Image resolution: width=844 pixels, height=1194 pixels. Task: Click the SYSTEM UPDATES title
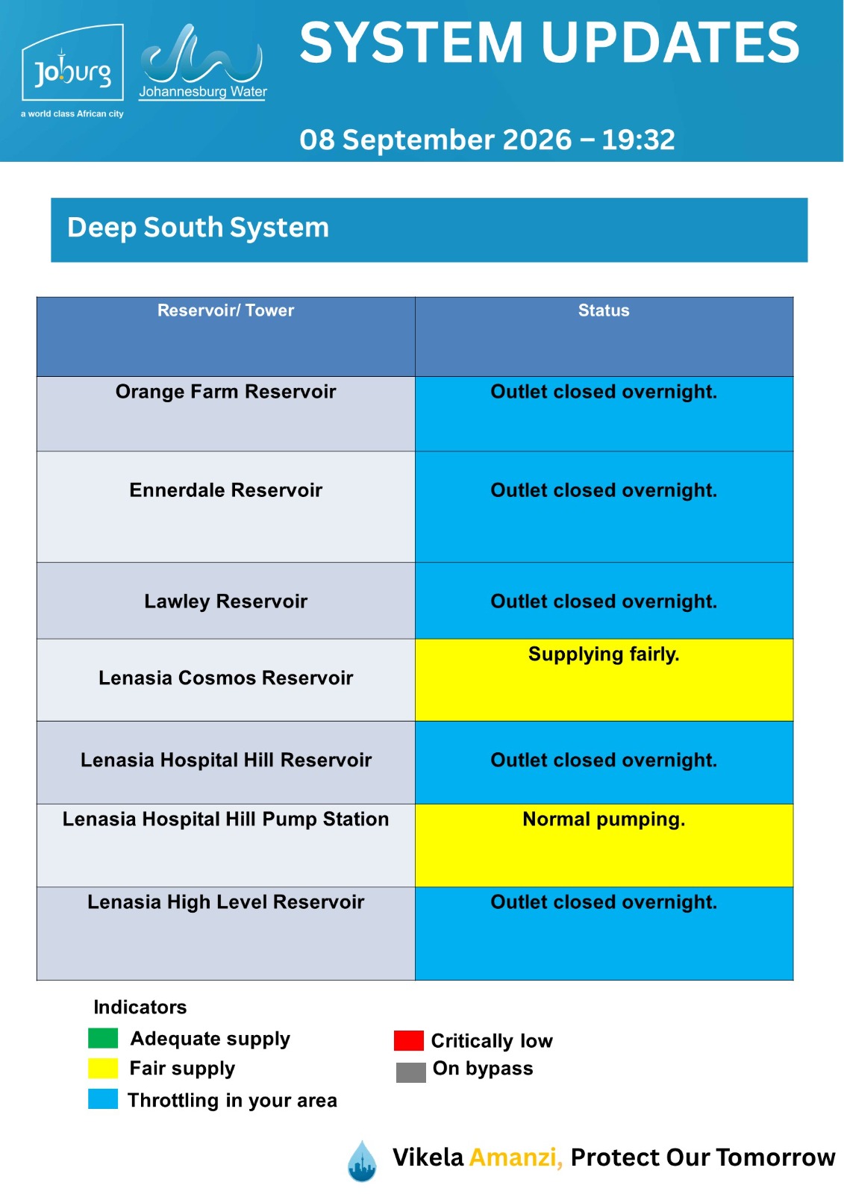click(549, 43)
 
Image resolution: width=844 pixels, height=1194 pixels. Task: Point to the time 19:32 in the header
click(638, 140)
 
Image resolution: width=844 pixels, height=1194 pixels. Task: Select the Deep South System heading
click(198, 228)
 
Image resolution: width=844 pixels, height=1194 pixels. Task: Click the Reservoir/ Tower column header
click(225, 310)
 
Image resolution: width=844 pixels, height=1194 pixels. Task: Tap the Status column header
click(604, 310)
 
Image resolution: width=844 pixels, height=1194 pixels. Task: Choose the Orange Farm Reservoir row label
click(225, 392)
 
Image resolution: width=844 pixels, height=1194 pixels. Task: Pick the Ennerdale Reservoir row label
click(225, 490)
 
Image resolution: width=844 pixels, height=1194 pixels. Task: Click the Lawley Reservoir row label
click(225, 601)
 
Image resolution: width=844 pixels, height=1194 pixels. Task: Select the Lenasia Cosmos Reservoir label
click(225, 678)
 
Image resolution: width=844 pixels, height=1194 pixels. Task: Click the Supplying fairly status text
click(604, 654)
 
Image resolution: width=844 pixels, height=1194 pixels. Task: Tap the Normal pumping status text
click(604, 819)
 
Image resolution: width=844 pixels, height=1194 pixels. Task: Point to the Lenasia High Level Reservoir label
click(225, 902)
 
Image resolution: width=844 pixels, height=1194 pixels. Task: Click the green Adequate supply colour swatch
click(103, 1038)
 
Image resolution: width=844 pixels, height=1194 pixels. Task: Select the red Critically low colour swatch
click(408, 1040)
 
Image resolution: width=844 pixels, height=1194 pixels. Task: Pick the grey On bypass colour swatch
click(410, 1072)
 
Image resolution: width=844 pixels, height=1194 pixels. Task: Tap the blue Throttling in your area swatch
click(103, 1099)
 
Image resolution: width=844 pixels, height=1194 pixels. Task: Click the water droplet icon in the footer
click(362, 1161)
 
